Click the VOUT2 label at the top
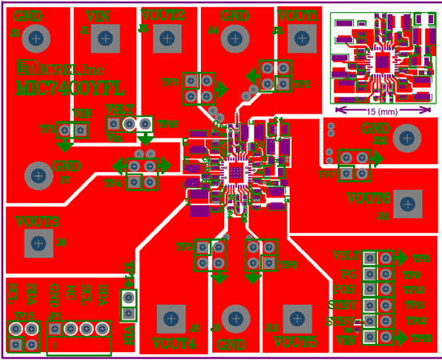(163, 14)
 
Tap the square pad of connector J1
(103, 36)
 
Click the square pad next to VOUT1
(302, 36)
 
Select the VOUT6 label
(368, 198)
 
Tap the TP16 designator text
(167, 124)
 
